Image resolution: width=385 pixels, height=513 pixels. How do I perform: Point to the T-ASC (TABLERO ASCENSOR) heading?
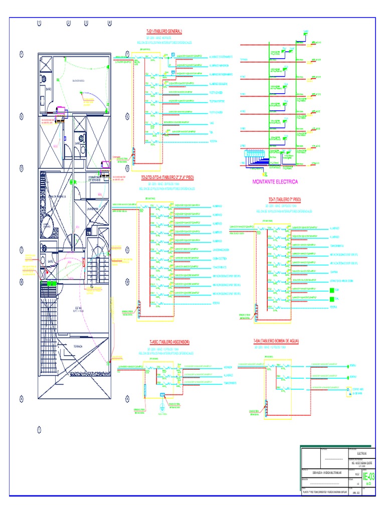[169, 342]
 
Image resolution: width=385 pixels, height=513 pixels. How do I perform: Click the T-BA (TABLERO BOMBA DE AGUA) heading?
[277, 341]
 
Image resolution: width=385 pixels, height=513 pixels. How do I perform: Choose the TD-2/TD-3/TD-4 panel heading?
[167, 177]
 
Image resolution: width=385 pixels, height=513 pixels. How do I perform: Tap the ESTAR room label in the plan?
[79, 309]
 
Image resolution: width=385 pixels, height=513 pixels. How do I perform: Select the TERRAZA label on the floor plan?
[78, 346]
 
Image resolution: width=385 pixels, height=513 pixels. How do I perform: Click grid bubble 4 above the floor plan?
[110, 23]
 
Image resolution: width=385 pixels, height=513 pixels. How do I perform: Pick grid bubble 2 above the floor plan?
[69, 23]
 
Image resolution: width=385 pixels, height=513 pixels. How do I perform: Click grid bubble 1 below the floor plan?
[39, 429]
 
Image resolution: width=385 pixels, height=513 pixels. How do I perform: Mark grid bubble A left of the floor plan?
[22, 399]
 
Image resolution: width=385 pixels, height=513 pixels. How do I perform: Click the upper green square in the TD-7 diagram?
[331, 290]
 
